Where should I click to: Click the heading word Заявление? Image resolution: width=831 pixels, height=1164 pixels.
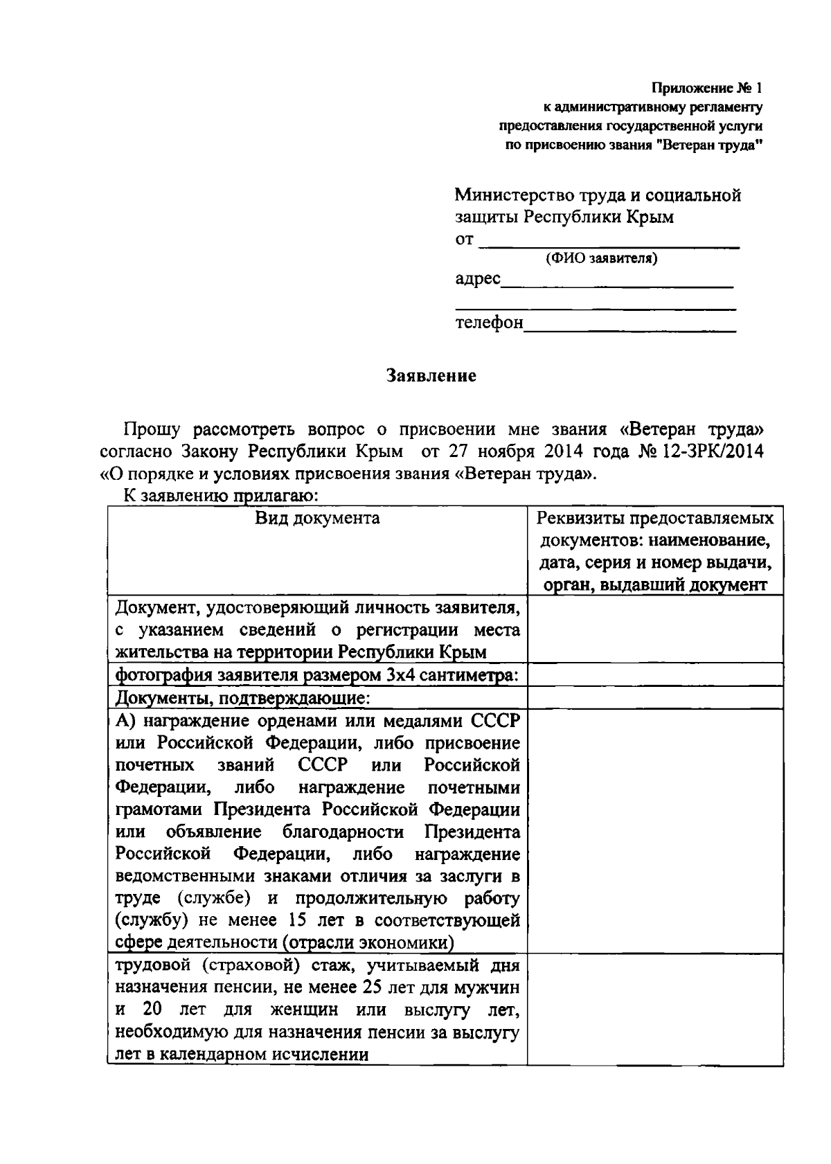tap(431, 376)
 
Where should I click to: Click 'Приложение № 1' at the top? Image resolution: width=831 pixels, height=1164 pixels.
tap(706, 88)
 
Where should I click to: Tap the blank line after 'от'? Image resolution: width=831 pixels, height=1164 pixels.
tap(609, 242)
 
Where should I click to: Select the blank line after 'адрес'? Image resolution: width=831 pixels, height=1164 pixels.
tap(616, 283)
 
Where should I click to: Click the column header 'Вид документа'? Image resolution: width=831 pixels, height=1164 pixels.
tap(317, 519)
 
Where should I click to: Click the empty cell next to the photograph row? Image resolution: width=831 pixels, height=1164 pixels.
tap(654, 675)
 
